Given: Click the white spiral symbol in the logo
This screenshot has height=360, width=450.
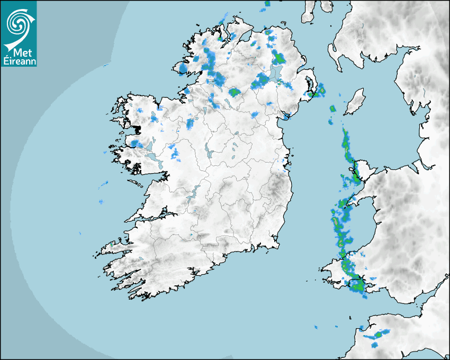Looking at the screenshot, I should pyautogui.click(x=19, y=22).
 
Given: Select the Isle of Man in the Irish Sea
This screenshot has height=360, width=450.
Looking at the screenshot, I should pyautogui.click(x=355, y=102).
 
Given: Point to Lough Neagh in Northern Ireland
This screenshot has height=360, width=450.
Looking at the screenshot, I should pyautogui.click(x=275, y=74).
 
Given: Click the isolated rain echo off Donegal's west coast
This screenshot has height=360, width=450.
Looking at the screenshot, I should pyautogui.click(x=183, y=68).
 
